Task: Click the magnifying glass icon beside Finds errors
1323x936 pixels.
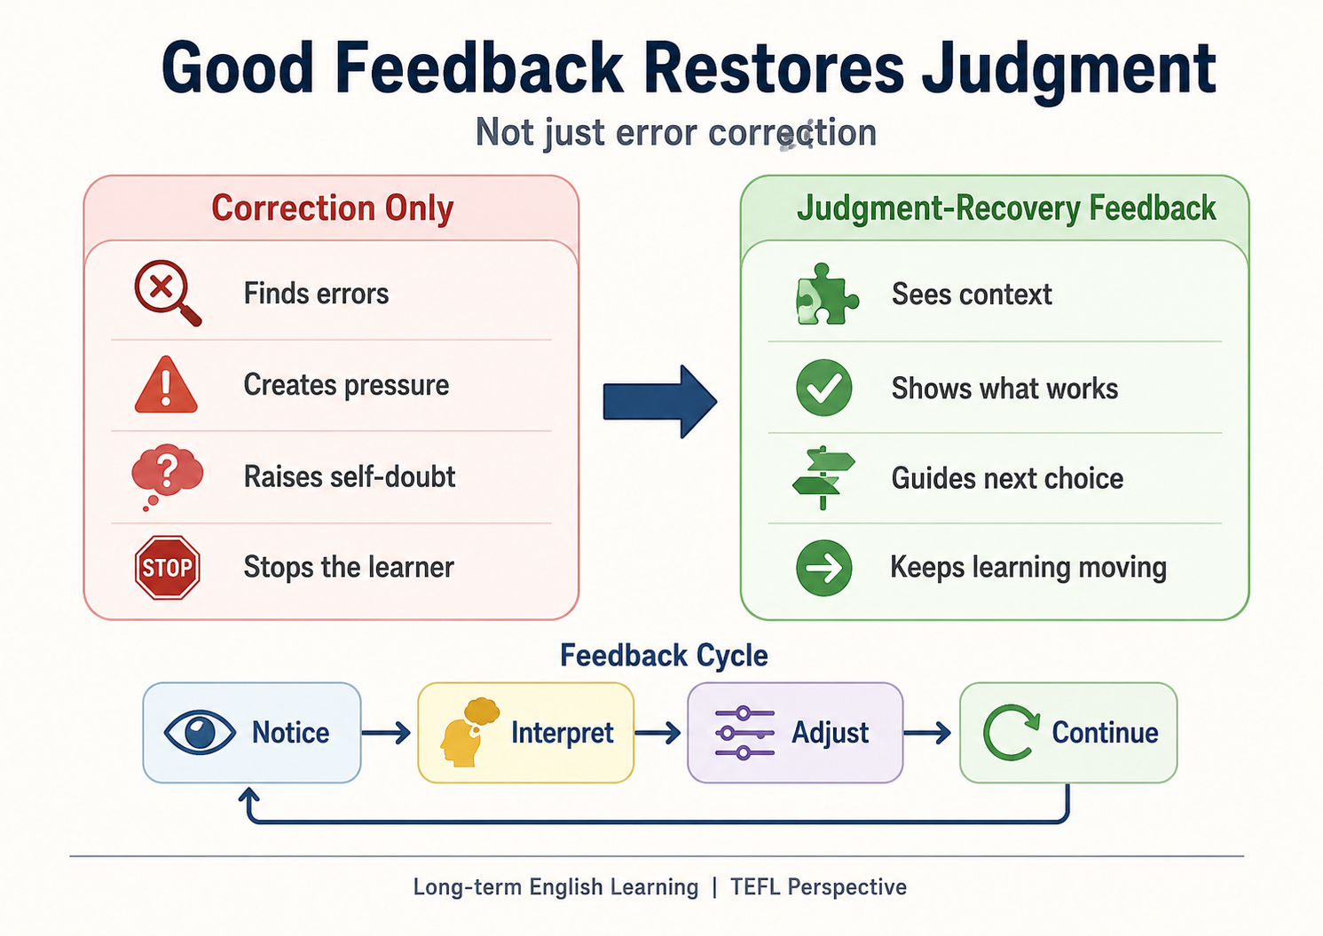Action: coord(168,293)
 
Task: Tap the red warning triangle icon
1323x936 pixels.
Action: coord(166,385)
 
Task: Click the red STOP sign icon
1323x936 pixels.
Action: coord(167,568)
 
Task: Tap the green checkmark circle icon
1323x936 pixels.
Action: coord(824,388)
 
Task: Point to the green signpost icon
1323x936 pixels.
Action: coord(823,477)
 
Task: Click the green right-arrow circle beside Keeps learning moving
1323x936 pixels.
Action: coord(824,568)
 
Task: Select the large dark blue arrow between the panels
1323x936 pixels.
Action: coord(660,402)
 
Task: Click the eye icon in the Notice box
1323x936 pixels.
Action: coord(200,732)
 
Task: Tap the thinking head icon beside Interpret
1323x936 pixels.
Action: coord(469,732)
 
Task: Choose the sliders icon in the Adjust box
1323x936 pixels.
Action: coord(744,733)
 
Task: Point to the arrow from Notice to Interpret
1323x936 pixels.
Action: coord(386,733)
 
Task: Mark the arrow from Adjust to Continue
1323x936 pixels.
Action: coord(927,733)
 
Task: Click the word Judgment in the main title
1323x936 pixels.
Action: coord(1067,69)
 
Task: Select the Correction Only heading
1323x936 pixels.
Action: coord(333,208)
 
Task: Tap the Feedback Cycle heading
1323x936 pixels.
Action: coord(664,656)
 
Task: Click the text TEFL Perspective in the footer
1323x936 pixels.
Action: coord(819,887)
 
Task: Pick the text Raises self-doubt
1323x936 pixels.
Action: coord(350,476)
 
